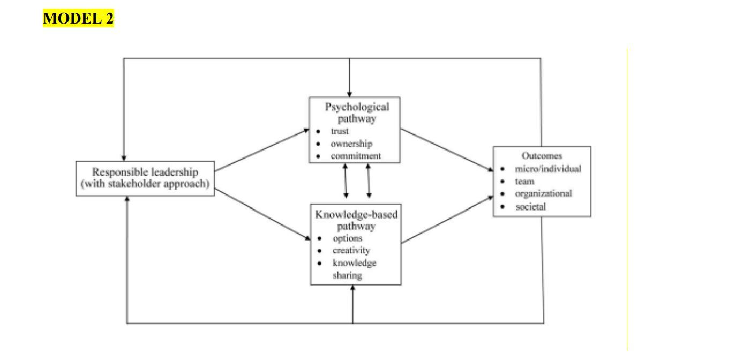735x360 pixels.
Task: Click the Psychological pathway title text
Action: (x=355, y=112)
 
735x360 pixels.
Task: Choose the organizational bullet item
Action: (x=543, y=194)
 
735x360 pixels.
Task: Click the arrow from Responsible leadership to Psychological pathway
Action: (x=261, y=151)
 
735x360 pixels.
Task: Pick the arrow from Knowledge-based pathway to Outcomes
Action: (x=447, y=220)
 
